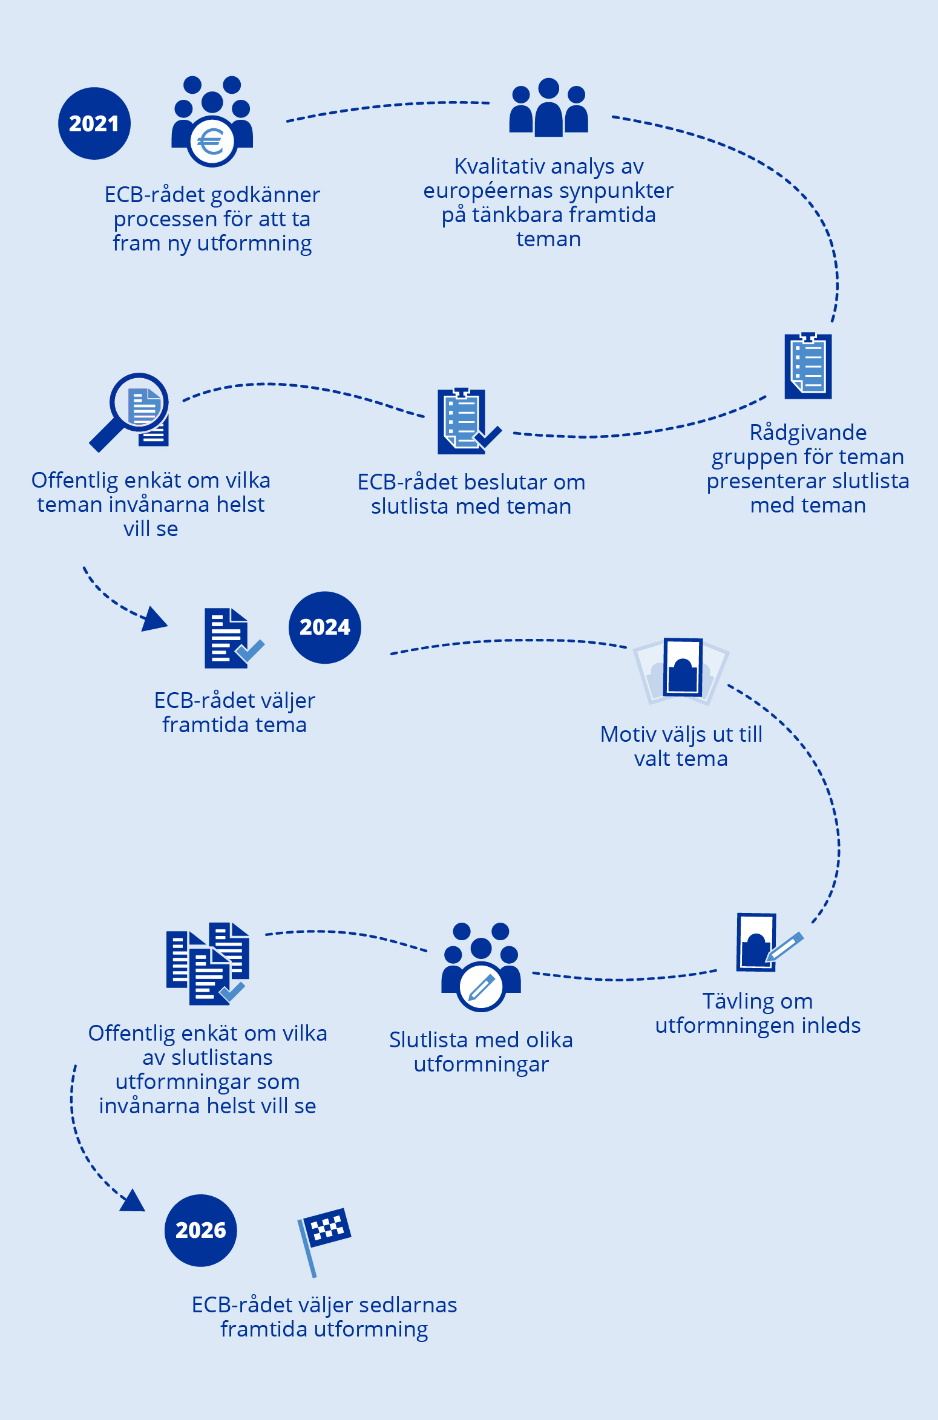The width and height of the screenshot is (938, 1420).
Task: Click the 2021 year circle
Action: [x=94, y=123]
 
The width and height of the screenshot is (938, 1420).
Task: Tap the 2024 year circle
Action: [x=324, y=627]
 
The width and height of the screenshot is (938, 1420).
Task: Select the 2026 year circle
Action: [x=200, y=1230]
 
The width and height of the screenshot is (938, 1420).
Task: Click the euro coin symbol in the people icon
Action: [x=211, y=143]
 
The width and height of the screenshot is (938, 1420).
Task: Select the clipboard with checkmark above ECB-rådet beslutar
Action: [x=466, y=421]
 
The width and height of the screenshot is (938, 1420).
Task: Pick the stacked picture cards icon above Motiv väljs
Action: [x=681, y=669]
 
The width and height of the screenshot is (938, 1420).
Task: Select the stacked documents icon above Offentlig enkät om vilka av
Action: [x=208, y=963]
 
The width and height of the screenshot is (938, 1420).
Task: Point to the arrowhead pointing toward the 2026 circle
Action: [x=133, y=1201]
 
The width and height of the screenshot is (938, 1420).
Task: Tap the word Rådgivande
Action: [x=808, y=433]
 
